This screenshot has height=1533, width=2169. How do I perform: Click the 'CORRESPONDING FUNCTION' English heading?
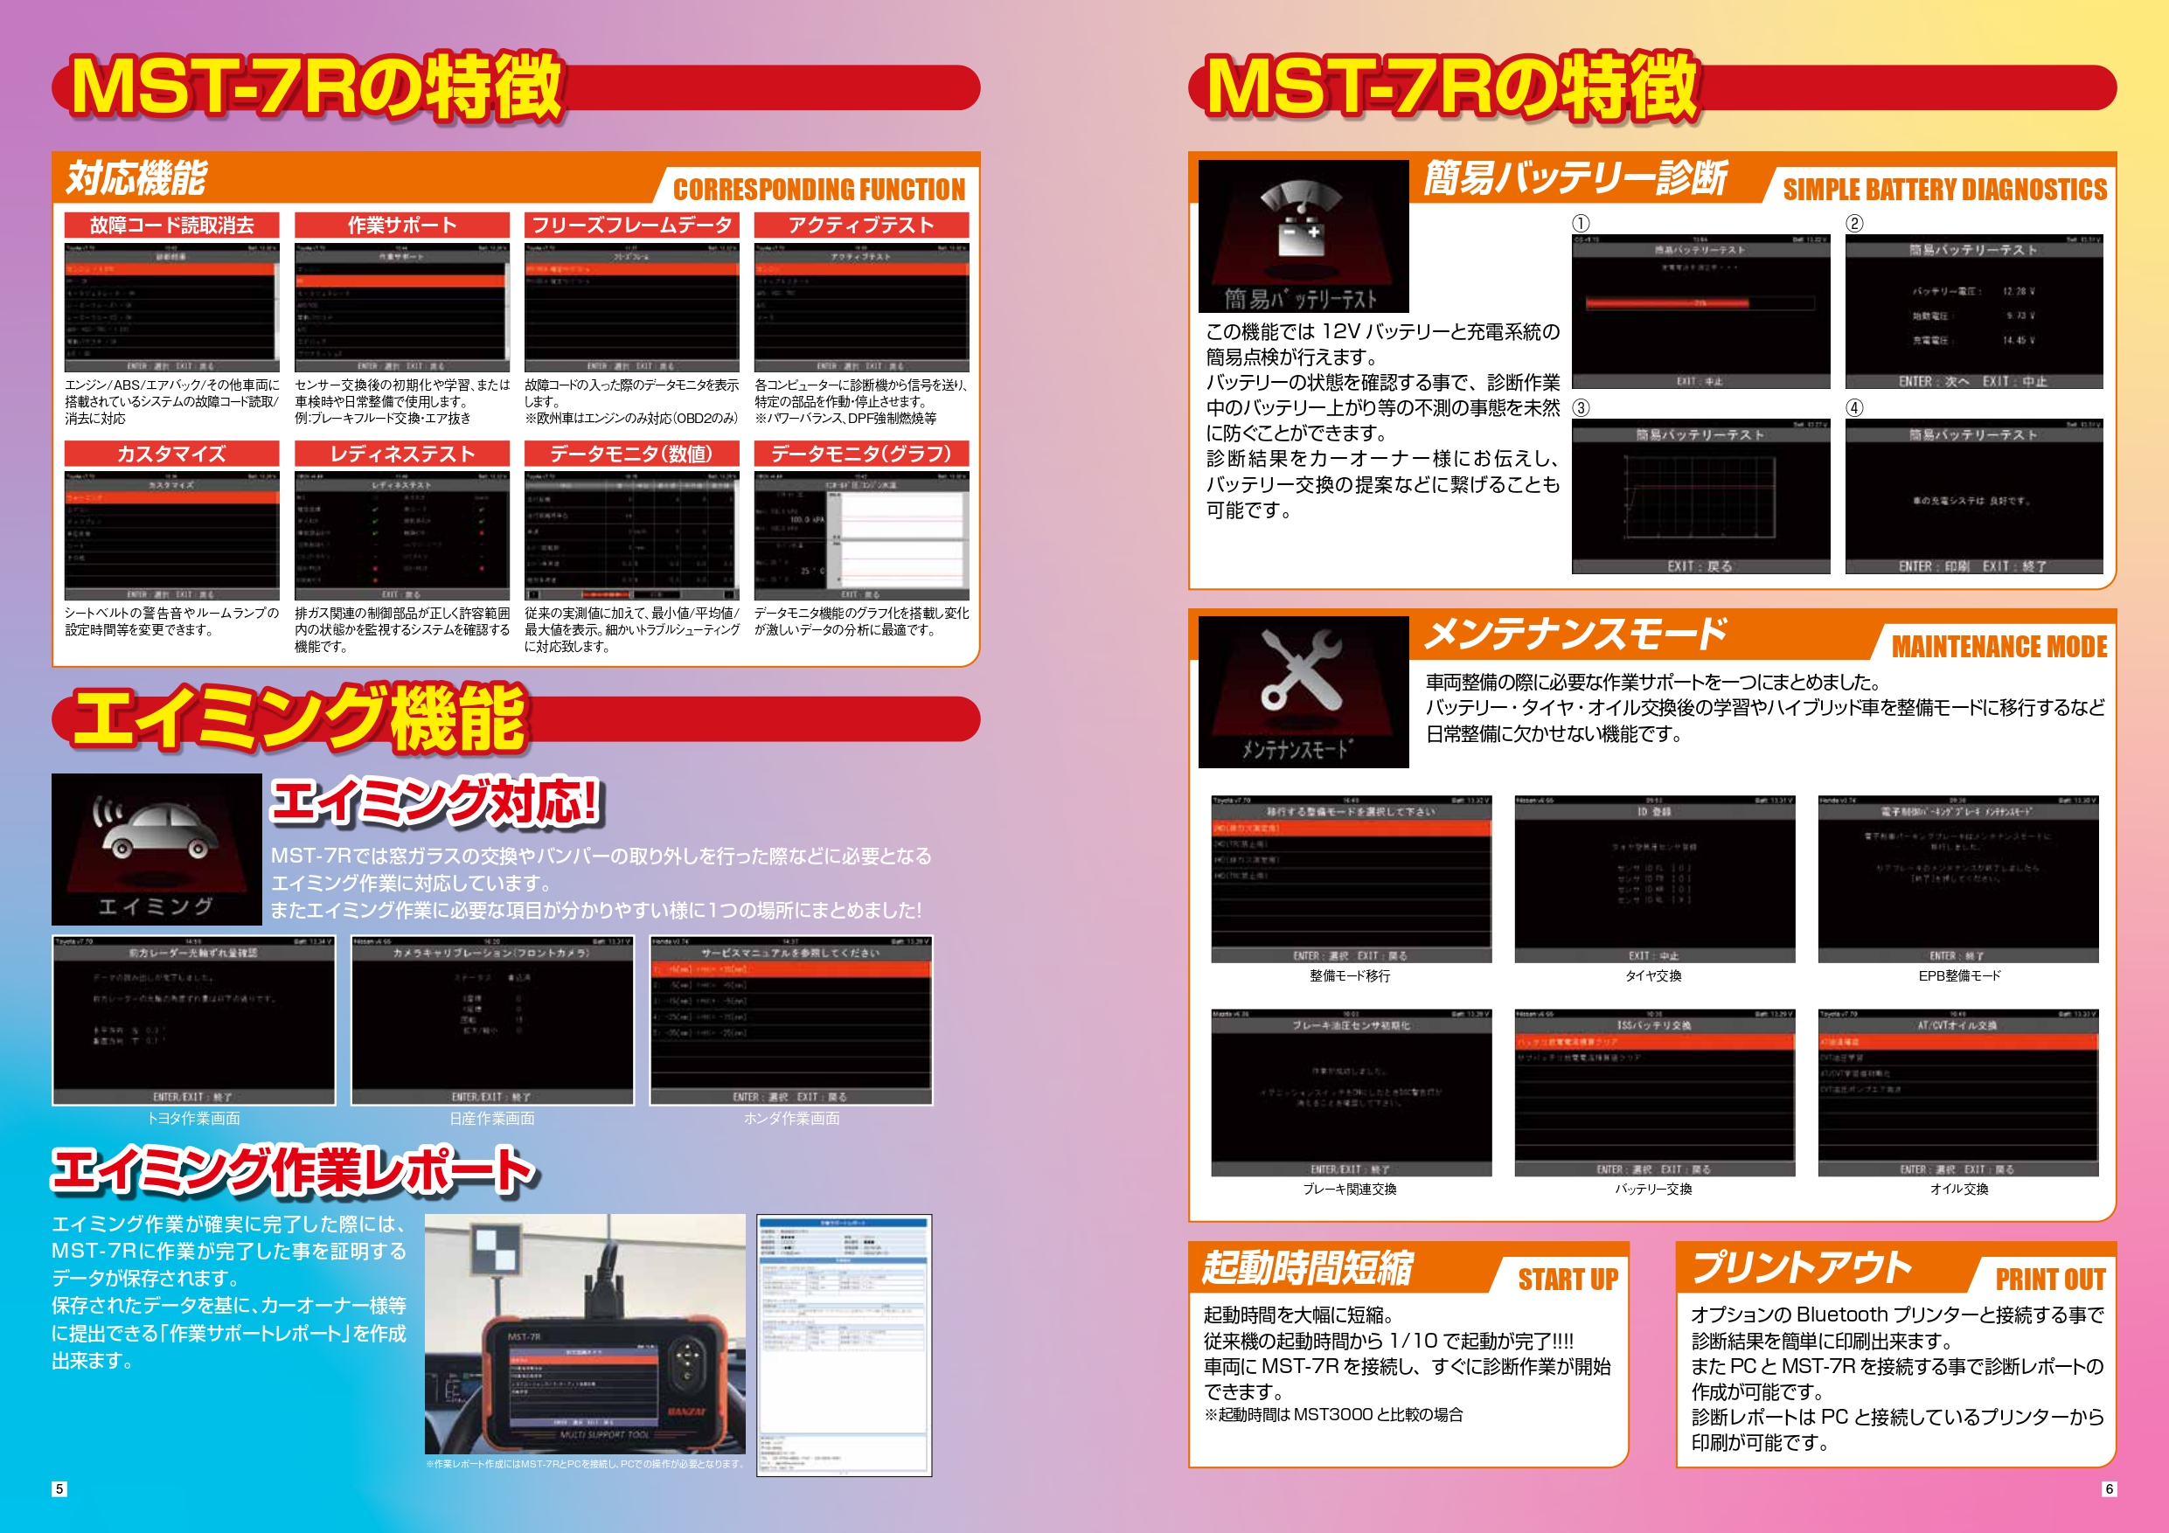pyautogui.click(x=818, y=189)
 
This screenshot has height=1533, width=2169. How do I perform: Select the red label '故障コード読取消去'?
pyautogui.click(x=172, y=225)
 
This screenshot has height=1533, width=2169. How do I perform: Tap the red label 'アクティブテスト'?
pyautogui.click(x=860, y=225)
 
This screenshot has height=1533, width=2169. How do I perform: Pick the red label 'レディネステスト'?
pyautogui.click(x=401, y=454)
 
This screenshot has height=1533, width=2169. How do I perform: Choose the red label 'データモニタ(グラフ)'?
pyautogui.click(x=860, y=454)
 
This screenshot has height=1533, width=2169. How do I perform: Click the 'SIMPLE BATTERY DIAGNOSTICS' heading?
pyautogui.click(x=1944, y=189)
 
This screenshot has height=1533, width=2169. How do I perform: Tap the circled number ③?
pyautogui.click(x=1581, y=408)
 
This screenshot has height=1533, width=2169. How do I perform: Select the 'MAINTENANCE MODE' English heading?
pyautogui.click(x=1999, y=646)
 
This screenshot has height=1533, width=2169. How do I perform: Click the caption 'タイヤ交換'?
pyautogui.click(x=1653, y=975)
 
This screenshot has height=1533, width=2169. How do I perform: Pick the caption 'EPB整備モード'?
pyautogui.click(x=1958, y=975)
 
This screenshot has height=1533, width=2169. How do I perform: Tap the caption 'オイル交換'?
pyautogui.click(x=1958, y=1190)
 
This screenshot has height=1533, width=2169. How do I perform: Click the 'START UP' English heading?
pyautogui.click(x=1568, y=1279)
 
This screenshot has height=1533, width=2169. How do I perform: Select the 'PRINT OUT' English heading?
pyautogui.click(x=2050, y=1279)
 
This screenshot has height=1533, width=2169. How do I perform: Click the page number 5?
pyautogui.click(x=59, y=1488)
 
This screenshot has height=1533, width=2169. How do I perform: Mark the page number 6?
pyautogui.click(x=2109, y=1488)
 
